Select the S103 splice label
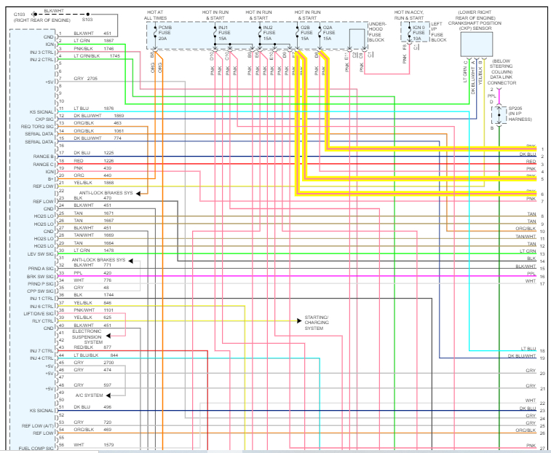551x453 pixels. click(x=88, y=20)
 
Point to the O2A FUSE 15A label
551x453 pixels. click(x=327, y=32)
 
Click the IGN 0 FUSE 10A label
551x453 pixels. click(x=418, y=32)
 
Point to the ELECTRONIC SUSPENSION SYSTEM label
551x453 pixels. click(x=88, y=336)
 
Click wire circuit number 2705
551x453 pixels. click(x=91, y=78)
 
